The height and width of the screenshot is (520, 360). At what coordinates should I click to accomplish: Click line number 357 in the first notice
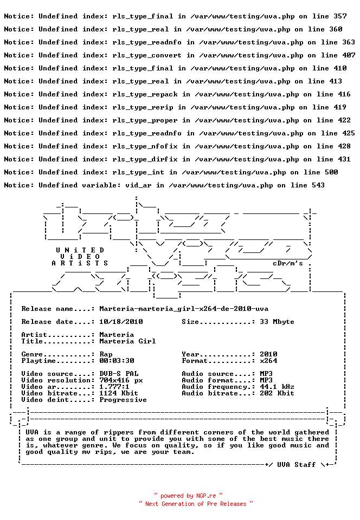click(x=340, y=16)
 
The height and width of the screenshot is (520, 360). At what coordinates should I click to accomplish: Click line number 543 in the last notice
click(x=318, y=185)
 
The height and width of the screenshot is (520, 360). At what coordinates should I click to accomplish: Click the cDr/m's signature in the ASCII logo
click(x=288, y=263)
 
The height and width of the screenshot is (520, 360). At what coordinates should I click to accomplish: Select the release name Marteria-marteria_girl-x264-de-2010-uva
click(x=184, y=309)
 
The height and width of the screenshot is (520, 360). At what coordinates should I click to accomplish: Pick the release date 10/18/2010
click(x=121, y=322)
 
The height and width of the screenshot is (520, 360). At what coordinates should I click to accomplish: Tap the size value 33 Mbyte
click(x=277, y=322)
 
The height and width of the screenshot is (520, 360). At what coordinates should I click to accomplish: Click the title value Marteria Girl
click(x=127, y=341)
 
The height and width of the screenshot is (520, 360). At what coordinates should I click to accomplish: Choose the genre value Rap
click(x=106, y=354)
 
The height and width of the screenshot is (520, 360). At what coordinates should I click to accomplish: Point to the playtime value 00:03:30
click(x=117, y=361)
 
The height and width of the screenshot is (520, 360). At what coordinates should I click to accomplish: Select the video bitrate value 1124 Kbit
click(x=119, y=393)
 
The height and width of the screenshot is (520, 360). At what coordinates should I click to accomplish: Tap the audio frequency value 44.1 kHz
click(x=277, y=387)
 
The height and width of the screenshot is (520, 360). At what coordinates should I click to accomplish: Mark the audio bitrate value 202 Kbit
click(x=277, y=393)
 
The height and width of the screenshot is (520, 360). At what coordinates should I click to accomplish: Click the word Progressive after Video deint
click(x=123, y=400)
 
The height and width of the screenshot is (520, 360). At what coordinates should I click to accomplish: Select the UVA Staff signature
click(x=296, y=465)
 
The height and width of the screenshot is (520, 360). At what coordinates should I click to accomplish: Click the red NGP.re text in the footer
click(x=206, y=496)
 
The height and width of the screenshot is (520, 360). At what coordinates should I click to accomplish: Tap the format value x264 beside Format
click(x=268, y=361)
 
